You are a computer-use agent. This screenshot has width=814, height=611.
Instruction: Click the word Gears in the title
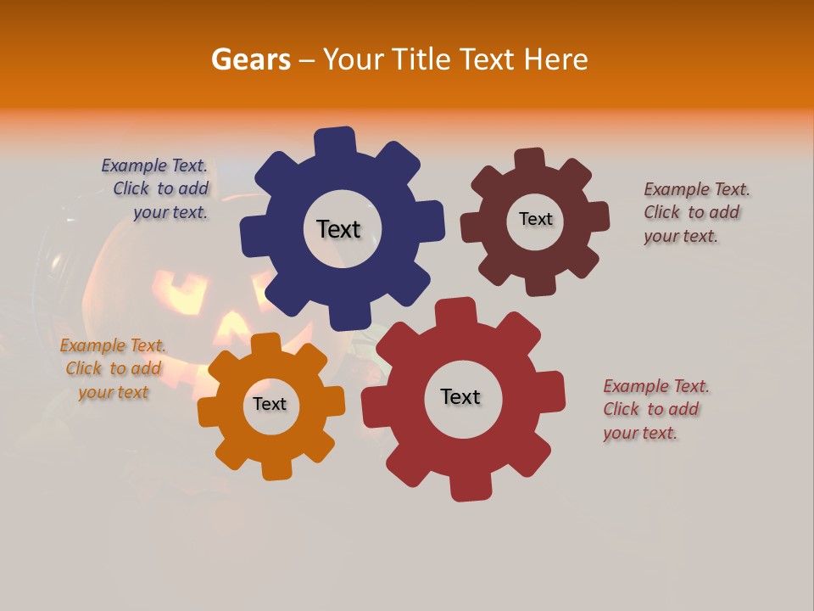[x=250, y=59]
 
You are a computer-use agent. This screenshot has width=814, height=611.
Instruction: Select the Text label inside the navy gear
[x=338, y=229]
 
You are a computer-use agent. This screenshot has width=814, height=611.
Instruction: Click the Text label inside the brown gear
[x=535, y=219]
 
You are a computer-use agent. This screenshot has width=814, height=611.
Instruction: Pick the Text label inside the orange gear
[x=270, y=404]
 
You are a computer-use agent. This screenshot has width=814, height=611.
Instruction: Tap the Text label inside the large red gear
[x=460, y=396]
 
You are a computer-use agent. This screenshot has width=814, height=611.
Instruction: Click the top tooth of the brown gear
[x=530, y=159]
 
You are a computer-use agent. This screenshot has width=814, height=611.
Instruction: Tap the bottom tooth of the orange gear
[x=275, y=468]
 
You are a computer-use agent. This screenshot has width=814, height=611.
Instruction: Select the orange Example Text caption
[x=113, y=368]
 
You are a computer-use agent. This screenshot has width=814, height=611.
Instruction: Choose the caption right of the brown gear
[x=695, y=212]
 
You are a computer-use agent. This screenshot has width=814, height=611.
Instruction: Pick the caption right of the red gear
[x=655, y=409]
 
